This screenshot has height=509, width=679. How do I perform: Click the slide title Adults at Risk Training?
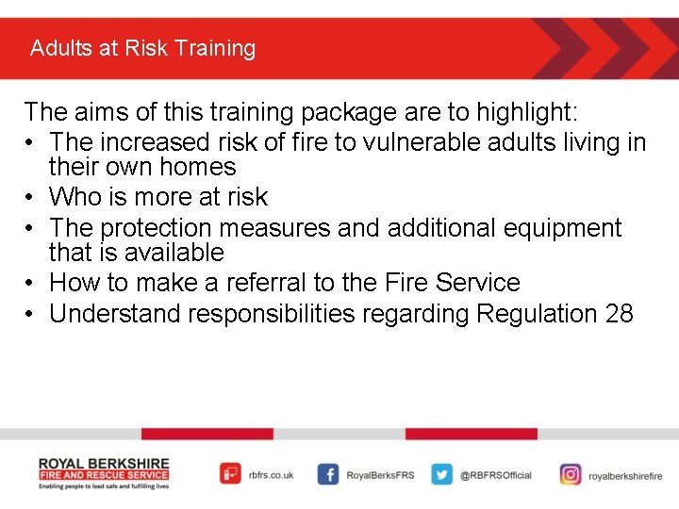click(x=142, y=48)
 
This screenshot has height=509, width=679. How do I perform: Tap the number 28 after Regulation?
click(x=619, y=314)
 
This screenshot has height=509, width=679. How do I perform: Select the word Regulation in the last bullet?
click(x=537, y=314)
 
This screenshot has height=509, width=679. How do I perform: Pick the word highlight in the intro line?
click(x=525, y=112)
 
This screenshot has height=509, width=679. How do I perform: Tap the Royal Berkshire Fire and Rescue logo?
click(x=104, y=474)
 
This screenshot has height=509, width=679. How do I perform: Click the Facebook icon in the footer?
click(x=327, y=475)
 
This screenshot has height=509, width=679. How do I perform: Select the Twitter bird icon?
click(x=441, y=475)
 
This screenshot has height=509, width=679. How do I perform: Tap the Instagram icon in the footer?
click(x=571, y=475)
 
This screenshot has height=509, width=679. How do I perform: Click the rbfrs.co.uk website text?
click(x=272, y=476)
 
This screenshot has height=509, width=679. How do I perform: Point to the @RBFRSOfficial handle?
click(x=496, y=476)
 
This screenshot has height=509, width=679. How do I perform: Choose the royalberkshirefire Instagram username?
click(x=625, y=477)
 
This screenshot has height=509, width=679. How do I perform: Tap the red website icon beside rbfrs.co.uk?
click(x=230, y=474)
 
